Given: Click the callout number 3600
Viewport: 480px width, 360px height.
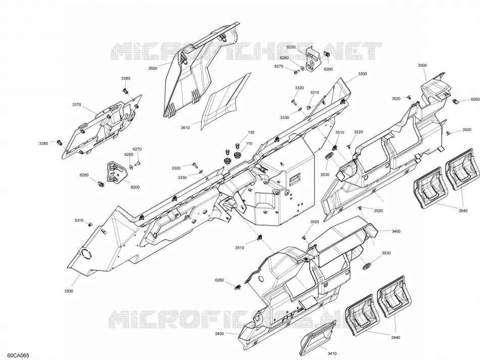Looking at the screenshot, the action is [x=153, y=68].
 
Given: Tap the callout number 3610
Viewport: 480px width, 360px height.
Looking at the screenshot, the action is [x=185, y=128].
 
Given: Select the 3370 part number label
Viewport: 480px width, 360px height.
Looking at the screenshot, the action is [x=76, y=105].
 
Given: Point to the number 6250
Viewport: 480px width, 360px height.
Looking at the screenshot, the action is [x=291, y=47].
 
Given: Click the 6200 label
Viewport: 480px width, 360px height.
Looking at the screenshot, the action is [x=135, y=187].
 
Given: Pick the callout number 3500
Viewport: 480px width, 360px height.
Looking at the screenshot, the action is [x=422, y=65].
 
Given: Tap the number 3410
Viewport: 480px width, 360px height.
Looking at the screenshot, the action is [x=332, y=353].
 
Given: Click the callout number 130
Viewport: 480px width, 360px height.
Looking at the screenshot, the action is [x=251, y=132].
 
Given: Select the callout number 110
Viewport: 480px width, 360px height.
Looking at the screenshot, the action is [x=249, y=144].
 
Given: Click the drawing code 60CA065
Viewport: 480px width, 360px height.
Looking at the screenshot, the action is [x=19, y=355].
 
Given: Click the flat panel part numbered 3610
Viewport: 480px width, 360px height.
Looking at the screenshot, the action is [x=225, y=102].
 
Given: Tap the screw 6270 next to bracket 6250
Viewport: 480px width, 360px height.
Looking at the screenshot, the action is [x=296, y=72].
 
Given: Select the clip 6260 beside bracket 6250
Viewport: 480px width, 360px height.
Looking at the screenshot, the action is [x=327, y=55].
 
